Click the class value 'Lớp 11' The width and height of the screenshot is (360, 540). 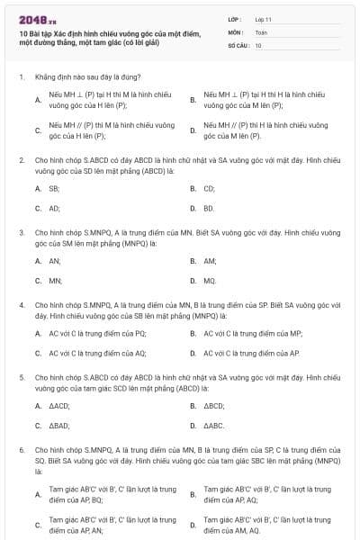(264, 18)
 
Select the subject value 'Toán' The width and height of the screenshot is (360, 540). (261, 31)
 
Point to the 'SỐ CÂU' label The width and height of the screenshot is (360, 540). (238, 45)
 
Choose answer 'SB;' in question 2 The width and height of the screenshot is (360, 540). (54, 189)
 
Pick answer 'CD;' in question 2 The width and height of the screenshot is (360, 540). (209, 189)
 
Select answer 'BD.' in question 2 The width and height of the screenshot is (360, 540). (209, 208)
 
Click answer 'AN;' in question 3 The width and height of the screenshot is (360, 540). (55, 261)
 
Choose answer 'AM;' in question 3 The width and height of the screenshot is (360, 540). (210, 261)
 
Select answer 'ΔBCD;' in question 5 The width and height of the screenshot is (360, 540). (214, 406)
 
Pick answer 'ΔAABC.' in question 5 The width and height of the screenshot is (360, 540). (214, 425)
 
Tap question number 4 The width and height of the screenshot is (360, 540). (21, 305)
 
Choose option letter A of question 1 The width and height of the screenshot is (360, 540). (38, 99)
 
